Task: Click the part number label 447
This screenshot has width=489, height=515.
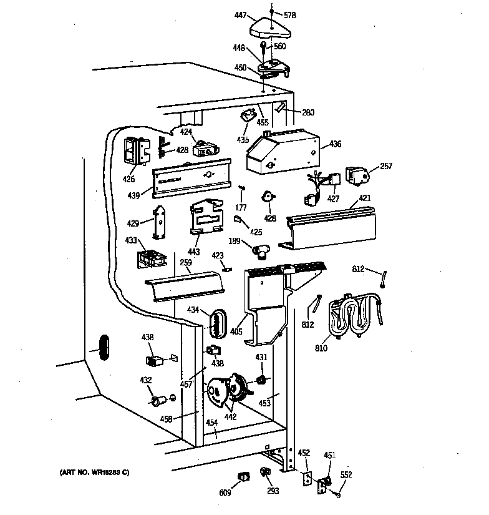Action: (240, 14)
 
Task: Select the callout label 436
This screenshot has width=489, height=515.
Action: (336, 144)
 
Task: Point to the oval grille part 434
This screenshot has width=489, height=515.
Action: (215, 322)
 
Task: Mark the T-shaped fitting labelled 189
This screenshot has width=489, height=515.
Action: (262, 251)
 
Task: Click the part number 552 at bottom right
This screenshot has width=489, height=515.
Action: (346, 475)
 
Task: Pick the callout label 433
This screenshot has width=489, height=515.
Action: (130, 239)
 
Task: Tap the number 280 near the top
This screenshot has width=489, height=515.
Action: (308, 113)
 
